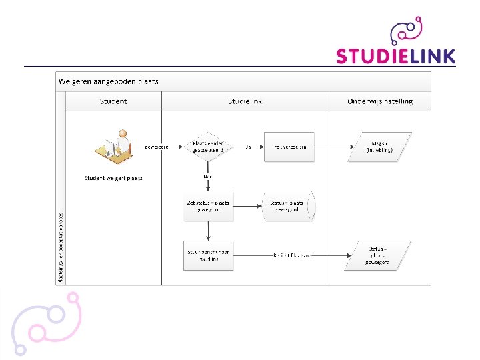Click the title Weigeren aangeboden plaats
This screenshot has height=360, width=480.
pos(109,81)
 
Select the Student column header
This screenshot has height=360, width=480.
pos(113,101)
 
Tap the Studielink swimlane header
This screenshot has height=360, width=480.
pos(245,101)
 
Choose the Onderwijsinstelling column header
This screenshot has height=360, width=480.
pos(380,101)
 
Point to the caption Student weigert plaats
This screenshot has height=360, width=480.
pos(113,178)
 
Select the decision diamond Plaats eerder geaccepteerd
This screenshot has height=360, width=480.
pos(208,147)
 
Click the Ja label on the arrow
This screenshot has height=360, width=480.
pos(248,147)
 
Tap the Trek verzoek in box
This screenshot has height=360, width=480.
pos(289,147)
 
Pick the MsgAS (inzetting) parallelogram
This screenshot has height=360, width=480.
pos(379,147)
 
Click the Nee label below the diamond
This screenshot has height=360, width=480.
pos(208,176)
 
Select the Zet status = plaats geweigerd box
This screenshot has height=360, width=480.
pos(208,206)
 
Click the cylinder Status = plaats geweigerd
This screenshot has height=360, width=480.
pos(287,206)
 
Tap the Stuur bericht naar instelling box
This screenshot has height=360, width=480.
pos(208,255)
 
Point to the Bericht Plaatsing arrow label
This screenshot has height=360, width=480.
pos(292,255)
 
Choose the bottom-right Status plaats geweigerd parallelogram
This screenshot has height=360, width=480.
pos(377,255)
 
